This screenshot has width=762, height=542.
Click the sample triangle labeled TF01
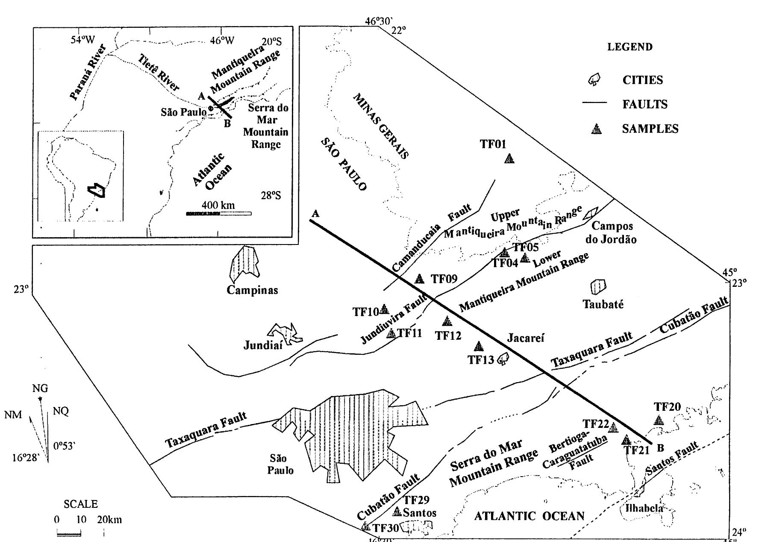click(x=509, y=159)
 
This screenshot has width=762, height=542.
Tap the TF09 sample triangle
click(x=420, y=279)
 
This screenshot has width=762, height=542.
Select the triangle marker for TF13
click(x=479, y=345)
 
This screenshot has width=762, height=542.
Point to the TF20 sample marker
click(x=659, y=420)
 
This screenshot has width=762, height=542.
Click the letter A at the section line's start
click(x=315, y=213)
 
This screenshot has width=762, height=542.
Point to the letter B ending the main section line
click(x=660, y=448)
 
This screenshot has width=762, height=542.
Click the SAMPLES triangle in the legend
click(x=596, y=129)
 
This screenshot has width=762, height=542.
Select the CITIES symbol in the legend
click(x=594, y=79)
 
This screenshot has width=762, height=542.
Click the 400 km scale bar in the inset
click(x=218, y=213)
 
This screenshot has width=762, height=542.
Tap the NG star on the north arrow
click(x=40, y=399)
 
